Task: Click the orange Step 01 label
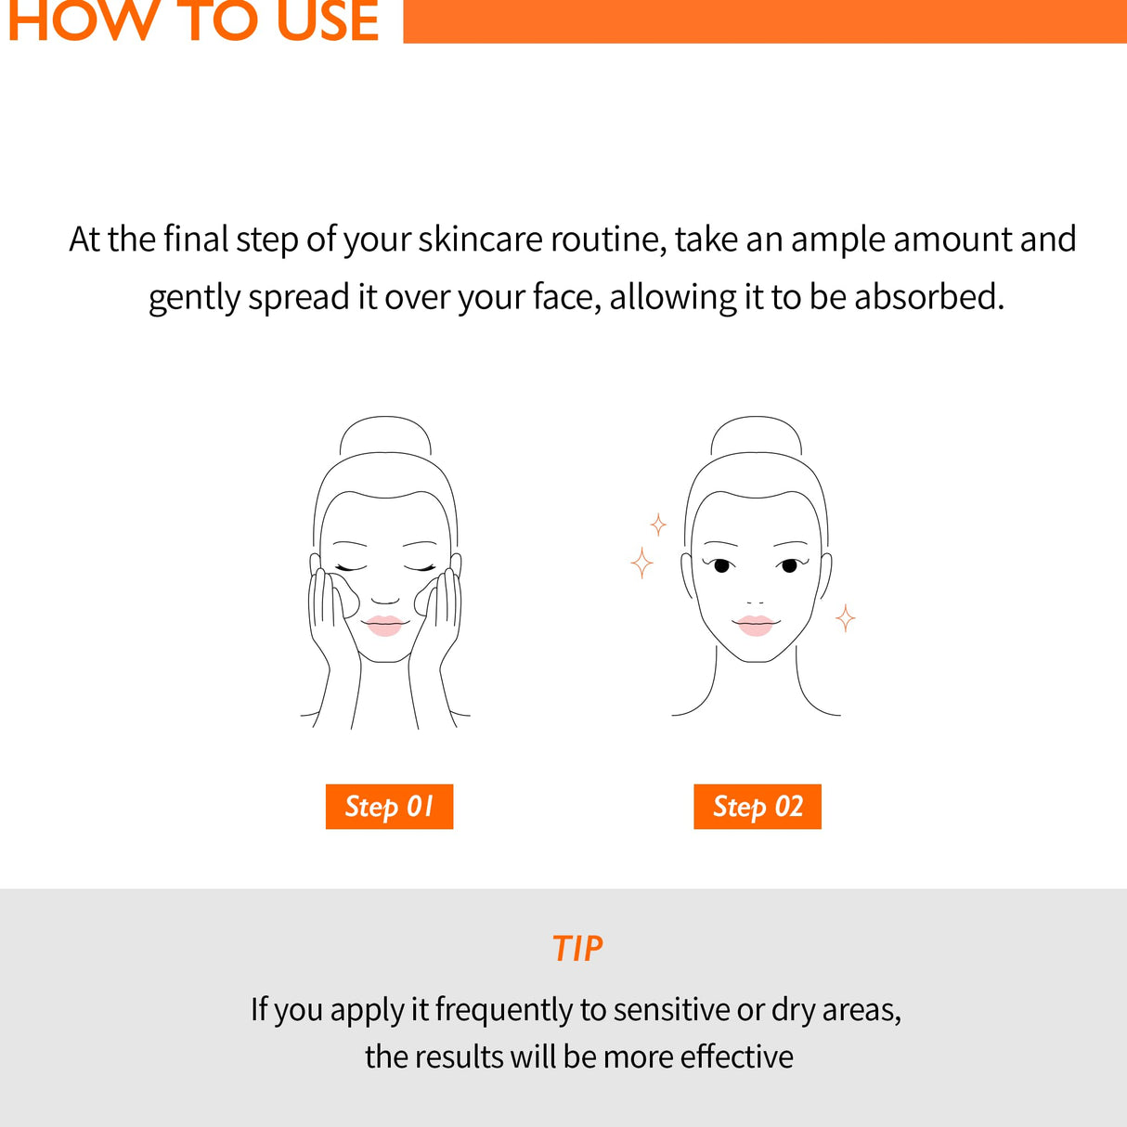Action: pos(389,806)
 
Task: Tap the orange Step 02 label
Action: pos(758,806)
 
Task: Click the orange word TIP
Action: pos(576,949)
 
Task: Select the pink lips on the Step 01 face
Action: pos(384,625)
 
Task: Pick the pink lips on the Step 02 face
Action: pos(755,625)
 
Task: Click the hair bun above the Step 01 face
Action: pos(385,435)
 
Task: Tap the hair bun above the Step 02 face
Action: pos(756,435)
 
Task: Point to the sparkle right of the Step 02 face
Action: pos(845,617)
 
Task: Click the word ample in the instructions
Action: pos(838,240)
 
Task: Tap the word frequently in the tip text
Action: pos(504,1009)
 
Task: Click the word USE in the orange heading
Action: pos(329,20)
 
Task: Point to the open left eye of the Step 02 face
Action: pos(721,564)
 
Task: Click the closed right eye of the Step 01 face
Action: pos(420,567)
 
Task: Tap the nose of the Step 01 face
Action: pos(385,599)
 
